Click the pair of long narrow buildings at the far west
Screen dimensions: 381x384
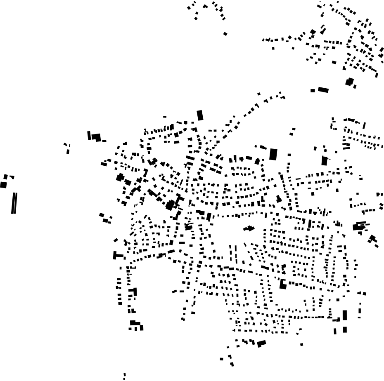14,203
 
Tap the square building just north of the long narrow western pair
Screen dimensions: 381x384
3,185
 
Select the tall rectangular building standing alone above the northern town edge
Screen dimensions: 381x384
200,115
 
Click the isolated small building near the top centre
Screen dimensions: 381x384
225,34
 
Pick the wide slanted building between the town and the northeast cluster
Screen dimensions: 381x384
323,90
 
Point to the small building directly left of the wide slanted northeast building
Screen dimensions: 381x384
313,91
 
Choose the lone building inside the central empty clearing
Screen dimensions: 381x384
249,228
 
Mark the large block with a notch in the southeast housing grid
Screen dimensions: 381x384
283,284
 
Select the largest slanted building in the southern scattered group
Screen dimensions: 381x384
261,343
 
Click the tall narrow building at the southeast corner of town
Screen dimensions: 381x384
345,315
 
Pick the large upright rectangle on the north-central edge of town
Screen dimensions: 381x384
273,154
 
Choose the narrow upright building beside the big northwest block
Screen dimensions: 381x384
89,135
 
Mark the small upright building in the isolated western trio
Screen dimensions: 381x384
68,151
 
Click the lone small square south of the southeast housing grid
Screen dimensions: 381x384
301,344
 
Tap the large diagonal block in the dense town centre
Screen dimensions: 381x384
170,205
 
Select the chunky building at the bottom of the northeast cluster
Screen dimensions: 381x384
350,82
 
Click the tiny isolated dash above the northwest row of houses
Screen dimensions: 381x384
165,117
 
